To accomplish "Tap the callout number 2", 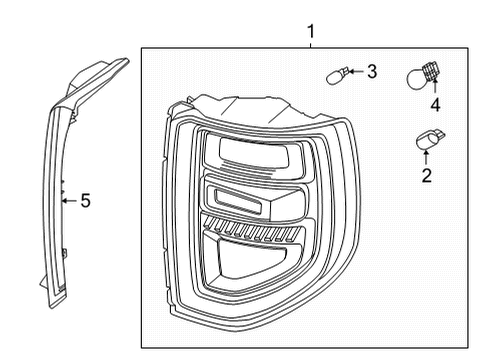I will pos(427,177).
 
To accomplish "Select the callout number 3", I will pos(371,71).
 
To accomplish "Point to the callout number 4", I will pos(435,103).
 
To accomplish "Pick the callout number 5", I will pos(85,201).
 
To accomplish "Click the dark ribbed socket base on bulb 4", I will pos(433,71).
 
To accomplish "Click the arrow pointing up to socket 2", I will pos(427,159).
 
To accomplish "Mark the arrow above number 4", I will pos(435,88).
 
